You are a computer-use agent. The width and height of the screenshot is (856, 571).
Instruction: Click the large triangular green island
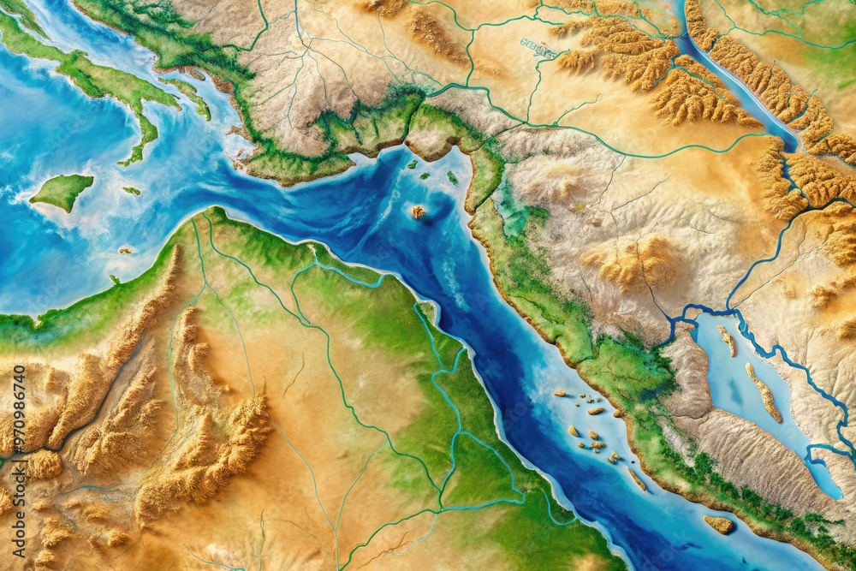click(62, 191)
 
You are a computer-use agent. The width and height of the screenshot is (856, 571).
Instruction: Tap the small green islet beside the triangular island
click(131, 191)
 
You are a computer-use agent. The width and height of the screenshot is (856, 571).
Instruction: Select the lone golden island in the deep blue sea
click(418, 211)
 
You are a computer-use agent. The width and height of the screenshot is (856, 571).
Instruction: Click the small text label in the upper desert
click(538, 48)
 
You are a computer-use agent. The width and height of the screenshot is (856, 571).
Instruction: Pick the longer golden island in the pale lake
click(764, 392)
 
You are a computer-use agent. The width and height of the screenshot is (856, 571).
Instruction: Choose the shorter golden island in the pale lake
click(727, 340)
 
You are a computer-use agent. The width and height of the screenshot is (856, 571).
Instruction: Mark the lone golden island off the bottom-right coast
click(719, 523)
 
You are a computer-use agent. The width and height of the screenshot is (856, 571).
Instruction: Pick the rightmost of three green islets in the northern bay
click(452, 177)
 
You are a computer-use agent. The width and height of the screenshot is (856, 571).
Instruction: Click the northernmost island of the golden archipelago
click(561, 394)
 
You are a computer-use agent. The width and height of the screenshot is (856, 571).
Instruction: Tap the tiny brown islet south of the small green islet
click(125, 251)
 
